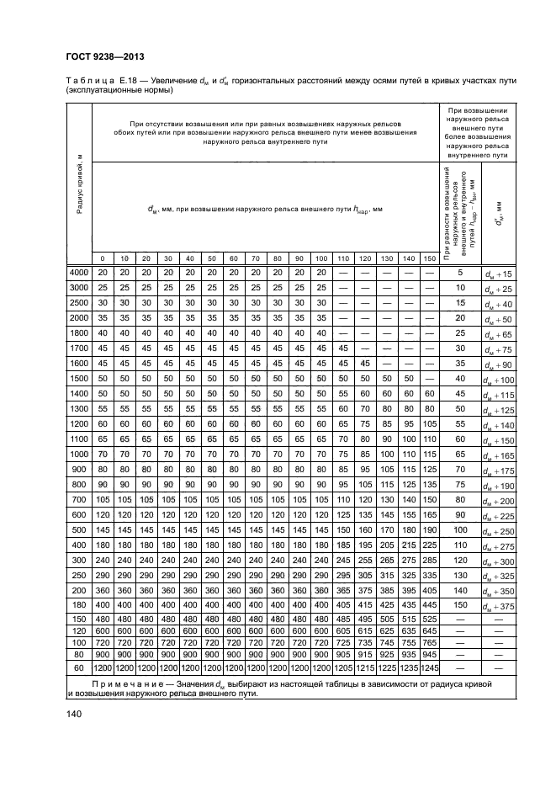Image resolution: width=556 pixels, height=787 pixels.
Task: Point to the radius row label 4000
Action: click(x=78, y=273)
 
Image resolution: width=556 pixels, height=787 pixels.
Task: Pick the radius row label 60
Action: click(x=78, y=667)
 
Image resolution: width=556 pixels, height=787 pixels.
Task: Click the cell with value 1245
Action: click(x=430, y=667)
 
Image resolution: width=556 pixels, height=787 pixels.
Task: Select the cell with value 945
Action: click(x=430, y=653)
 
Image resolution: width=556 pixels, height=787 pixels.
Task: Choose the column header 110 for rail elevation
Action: click(x=342, y=258)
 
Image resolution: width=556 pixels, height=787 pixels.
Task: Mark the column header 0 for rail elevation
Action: click(x=102, y=258)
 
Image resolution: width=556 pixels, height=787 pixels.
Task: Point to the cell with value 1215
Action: click(x=342, y=667)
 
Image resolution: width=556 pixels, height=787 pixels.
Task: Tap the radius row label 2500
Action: click(x=78, y=302)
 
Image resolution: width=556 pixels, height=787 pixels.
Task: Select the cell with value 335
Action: click(x=430, y=575)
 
